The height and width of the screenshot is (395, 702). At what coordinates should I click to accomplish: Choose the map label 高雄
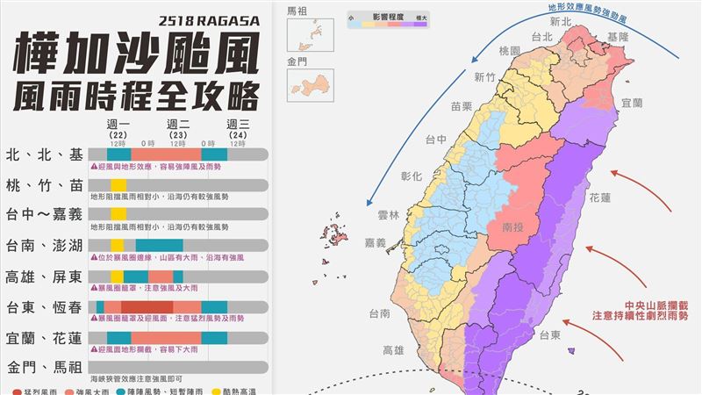tap(393, 349)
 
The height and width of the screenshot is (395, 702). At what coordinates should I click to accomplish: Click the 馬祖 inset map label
tap(297, 11)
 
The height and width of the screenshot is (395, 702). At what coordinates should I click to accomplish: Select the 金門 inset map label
tap(297, 63)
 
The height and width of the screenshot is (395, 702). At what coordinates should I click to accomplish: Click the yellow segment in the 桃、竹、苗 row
tap(118, 185)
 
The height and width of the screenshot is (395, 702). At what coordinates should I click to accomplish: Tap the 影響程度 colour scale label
tap(387, 16)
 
